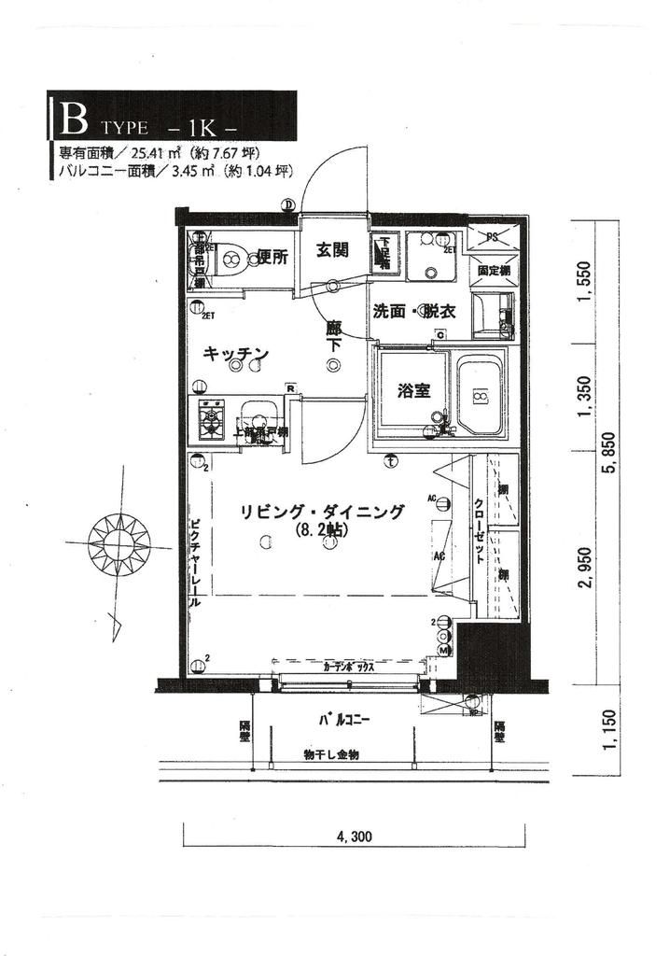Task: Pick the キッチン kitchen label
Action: (236, 354)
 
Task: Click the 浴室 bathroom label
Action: (412, 390)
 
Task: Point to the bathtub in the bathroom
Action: (481, 397)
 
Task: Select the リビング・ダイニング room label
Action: (322, 512)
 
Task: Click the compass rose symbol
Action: (119, 541)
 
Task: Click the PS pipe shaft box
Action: (491, 234)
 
